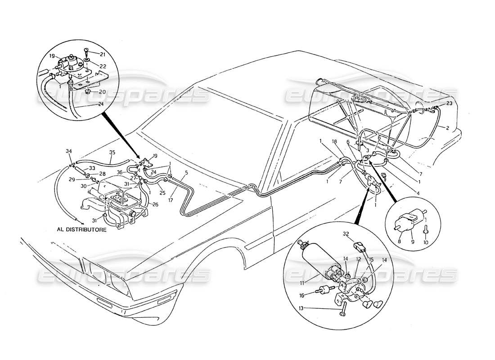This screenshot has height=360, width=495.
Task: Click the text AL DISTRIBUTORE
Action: pos(82,229)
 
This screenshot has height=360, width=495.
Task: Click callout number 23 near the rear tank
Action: pos(449,103)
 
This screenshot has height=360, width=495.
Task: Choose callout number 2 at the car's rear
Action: pos(447,128)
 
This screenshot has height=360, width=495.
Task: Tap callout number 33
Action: pos(92,168)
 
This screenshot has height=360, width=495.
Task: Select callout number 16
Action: pos(301,295)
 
